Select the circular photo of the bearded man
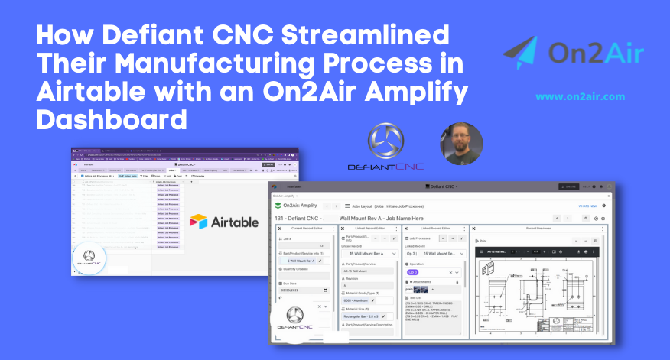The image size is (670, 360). point(461,144)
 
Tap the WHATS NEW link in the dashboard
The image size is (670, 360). point(587,206)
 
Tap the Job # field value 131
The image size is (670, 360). point(321,246)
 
